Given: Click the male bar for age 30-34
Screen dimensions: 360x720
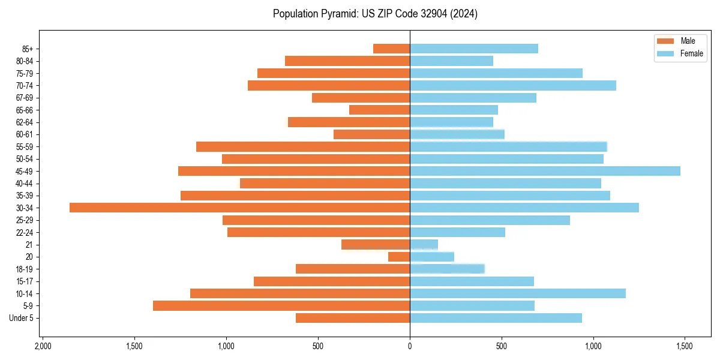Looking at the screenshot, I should pyautogui.click(x=239, y=208).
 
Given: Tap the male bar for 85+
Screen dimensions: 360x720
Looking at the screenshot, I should pyautogui.click(x=391, y=49).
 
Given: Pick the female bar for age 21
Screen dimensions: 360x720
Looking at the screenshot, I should pyautogui.click(x=424, y=244).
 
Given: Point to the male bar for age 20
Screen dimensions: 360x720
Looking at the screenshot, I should pyautogui.click(x=399, y=257).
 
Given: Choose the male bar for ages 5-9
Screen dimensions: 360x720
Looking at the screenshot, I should pyautogui.click(x=281, y=306).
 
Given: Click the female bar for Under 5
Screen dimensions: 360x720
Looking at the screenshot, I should pyautogui.click(x=496, y=318).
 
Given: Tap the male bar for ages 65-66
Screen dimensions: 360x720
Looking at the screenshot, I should pyautogui.click(x=379, y=110).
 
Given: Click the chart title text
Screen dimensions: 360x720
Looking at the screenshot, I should pyautogui.click(x=375, y=14).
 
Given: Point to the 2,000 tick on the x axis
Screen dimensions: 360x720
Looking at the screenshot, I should pyautogui.click(x=42, y=347).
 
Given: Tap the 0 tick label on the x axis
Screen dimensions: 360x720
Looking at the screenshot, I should pyautogui.click(x=410, y=347).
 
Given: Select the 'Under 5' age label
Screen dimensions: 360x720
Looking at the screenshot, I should pyautogui.click(x=21, y=318).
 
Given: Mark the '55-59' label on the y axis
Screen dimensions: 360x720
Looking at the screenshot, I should pyautogui.click(x=25, y=146).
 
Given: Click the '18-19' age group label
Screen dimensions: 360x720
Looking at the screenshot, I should pyautogui.click(x=25, y=269).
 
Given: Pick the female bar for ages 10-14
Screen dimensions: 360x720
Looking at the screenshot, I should pyautogui.click(x=517, y=293).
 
